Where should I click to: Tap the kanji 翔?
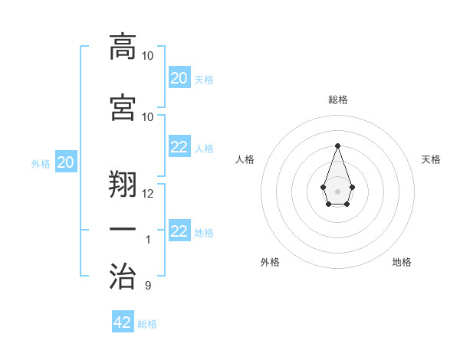[x=123, y=185]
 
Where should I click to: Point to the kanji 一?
[x=123, y=230]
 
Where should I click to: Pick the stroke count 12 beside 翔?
[x=148, y=193]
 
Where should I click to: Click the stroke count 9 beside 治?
[x=147, y=286]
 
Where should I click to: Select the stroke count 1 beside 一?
[x=147, y=240]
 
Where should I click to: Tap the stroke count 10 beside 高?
[x=148, y=56]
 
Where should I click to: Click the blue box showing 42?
[x=123, y=322]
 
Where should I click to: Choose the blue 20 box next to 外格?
[x=66, y=162]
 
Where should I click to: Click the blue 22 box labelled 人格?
[x=179, y=147]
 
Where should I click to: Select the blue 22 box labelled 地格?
[x=179, y=231]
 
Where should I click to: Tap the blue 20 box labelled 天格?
[x=179, y=78]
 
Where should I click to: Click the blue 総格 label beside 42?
[x=147, y=324]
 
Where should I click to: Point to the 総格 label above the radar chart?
[x=337, y=100]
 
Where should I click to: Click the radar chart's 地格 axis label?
[x=402, y=262]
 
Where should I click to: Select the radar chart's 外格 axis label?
[x=270, y=262]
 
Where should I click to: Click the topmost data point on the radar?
[x=337, y=146]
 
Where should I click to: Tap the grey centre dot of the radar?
[x=337, y=190]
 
